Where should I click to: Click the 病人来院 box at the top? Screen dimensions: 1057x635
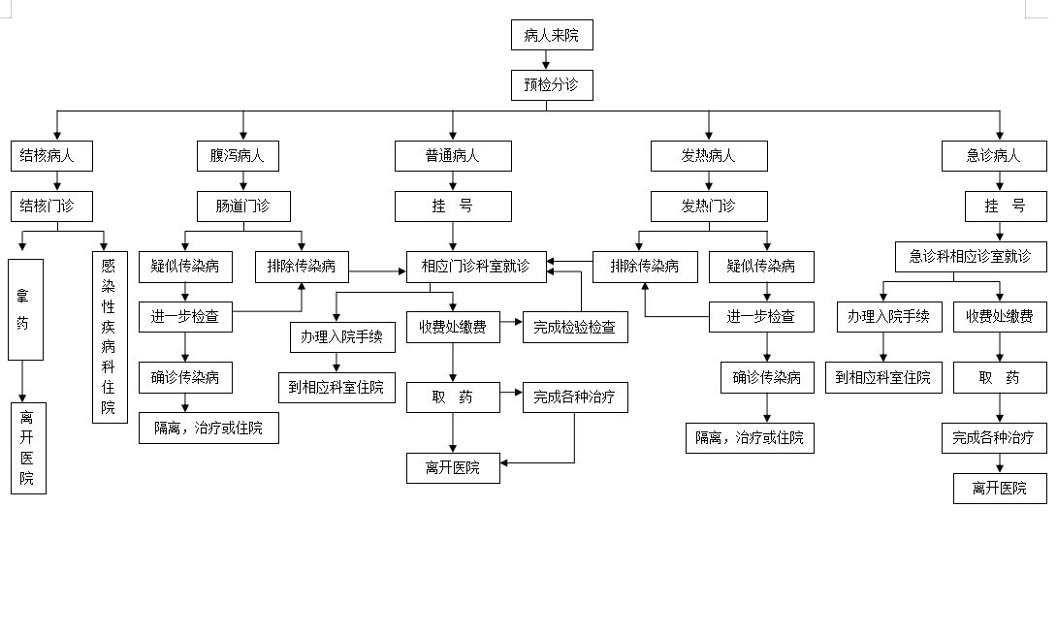click(552, 35)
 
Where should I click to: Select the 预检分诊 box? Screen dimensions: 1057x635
click(552, 85)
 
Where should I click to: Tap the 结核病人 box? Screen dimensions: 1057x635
click(51, 156)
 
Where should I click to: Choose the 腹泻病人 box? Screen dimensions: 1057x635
click(238, 156)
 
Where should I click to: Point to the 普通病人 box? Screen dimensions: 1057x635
click(453, 156)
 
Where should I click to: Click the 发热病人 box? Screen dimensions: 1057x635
click(709, 156)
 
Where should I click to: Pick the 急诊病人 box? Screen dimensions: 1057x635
click(994, 156)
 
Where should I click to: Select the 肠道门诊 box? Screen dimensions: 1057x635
click(243, 206)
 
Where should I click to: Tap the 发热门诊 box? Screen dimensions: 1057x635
click(709, 206)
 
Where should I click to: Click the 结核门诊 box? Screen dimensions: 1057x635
click(51, 206)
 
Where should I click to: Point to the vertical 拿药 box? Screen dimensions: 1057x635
click(25, 309)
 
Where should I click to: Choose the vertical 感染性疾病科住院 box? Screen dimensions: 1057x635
click(110, 337)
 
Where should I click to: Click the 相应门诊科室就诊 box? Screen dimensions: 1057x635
click(476, 267)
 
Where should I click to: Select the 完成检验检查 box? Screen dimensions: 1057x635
click(575, 327)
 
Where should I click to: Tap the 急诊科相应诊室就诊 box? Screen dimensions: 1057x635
click(971, 257)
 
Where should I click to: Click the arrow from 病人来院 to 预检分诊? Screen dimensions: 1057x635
click(546, 60)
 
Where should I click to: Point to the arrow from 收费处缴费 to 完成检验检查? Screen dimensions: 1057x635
click(511, 322)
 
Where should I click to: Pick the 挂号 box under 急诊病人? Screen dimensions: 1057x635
click(1006, 206)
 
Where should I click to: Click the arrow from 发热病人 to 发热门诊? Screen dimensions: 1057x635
click(709, 181)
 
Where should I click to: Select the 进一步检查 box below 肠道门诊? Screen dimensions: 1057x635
click(185, 317)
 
